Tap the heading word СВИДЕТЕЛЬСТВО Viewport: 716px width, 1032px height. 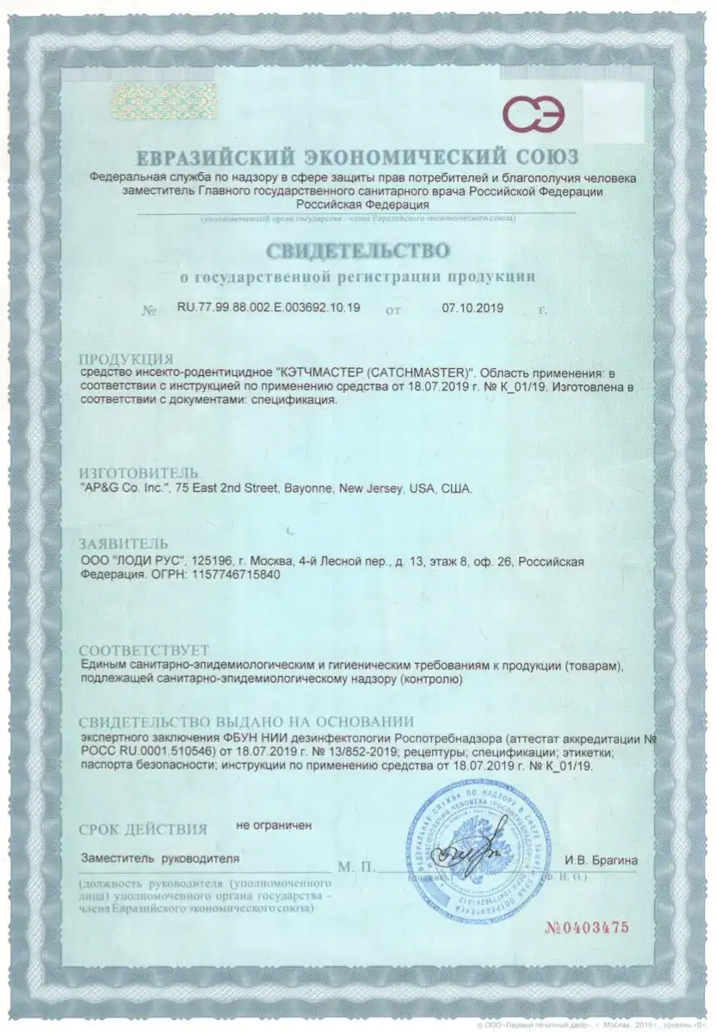point(357,252)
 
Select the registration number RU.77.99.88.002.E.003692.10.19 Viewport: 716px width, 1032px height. point(268,307)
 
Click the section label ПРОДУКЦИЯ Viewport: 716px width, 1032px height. point(126,359)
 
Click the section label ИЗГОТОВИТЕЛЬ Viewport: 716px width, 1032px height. point(139,473)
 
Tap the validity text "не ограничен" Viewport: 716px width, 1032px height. point(275,826)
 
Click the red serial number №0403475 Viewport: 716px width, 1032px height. point(588,926)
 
